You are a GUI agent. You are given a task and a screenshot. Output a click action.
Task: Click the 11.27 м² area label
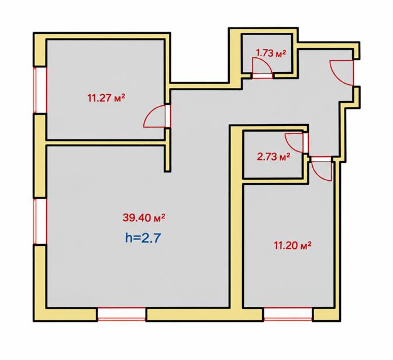(x=106, y=98)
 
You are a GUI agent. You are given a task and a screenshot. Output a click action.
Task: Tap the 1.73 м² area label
(x=271, y=53)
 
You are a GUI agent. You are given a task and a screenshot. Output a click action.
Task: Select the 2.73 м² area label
(x=274, y=157)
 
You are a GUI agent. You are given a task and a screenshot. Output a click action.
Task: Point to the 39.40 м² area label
(x=144, y=218)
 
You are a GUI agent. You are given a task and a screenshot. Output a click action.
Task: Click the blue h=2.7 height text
(x=143, y=238)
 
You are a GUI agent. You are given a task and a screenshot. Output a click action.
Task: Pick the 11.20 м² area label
(x=293, y=245)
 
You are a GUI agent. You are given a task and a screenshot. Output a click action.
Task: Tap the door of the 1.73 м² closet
(x=262, y=68)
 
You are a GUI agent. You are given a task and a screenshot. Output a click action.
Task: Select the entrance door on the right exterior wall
(x=342, y=73)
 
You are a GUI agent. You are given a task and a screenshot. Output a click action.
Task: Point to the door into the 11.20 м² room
(x=322, y=169)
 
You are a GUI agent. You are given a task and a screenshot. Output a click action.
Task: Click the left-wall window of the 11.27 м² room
(x=40, y=90)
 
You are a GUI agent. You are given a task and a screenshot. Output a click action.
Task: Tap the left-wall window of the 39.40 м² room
(x=40, y=221)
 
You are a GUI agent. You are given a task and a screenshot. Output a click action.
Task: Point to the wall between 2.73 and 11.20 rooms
(x=275, y=181)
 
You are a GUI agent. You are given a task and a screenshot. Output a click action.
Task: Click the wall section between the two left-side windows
(x=40, y=156)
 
